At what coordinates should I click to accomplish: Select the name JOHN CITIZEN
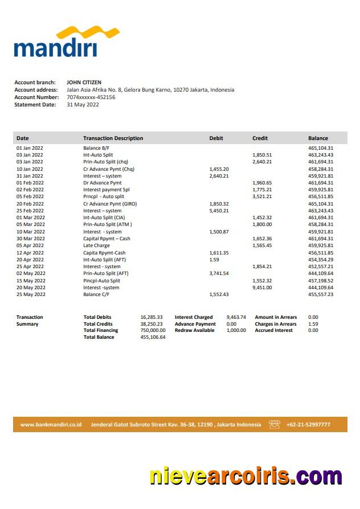coord(84,83)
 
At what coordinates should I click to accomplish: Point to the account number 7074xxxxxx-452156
coord(91,97)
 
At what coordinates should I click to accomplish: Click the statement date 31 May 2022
coord(83,105)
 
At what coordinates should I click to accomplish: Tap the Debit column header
coord(216,138)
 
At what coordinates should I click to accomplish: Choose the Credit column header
coord(260,138)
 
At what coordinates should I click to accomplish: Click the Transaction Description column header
coord(113,138)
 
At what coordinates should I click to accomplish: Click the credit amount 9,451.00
coord(262,288)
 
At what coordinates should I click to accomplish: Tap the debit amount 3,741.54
coord(219,273)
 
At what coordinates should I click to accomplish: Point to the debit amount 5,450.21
coord(219,211)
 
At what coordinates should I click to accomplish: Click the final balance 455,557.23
coord(321,294)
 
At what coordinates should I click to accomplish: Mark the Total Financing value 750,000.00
coord(153,330)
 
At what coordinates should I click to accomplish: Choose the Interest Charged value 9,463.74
coord(236,317)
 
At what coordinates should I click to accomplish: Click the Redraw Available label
coord(195,330)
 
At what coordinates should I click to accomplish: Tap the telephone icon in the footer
coord(275,424)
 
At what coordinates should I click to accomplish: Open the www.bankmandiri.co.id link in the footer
coord(51,425)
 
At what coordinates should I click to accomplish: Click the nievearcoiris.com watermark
coord(246,476)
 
